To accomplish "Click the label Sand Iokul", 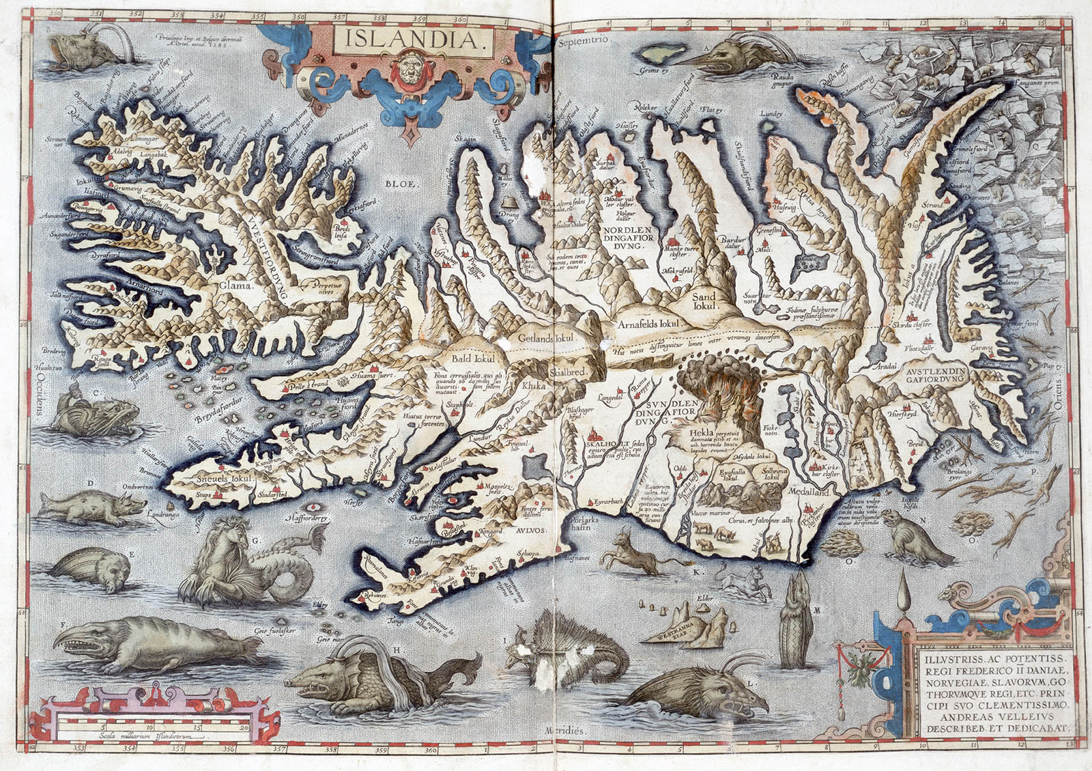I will click(704, 301).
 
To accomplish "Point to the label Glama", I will click(235, 285).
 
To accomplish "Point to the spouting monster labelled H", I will click(369, 673).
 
